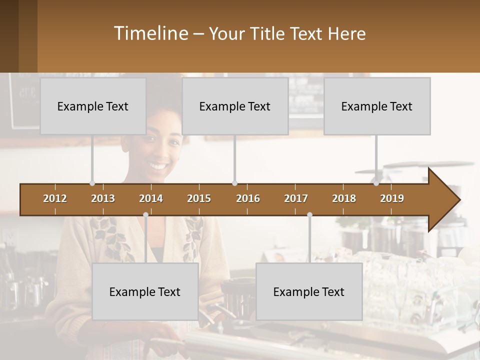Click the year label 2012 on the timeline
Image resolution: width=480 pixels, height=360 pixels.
pos(55,198)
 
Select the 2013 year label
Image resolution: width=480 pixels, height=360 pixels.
pos(103,198)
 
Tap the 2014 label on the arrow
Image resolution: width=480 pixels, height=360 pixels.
pos(151,198)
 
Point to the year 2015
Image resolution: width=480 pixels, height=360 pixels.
pos(199,198)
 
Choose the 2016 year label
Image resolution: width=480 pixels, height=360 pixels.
pos(248,198)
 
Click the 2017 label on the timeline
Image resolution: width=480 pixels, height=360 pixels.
pos(296,198)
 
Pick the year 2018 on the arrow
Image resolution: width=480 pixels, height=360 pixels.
pos(344,198)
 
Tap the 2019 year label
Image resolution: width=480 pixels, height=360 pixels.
pos(392,198)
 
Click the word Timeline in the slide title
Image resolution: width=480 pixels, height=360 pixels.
pos(150,33)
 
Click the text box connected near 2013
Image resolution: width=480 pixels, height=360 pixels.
pos(93,106)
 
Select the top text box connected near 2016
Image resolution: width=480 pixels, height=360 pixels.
pos(235,106)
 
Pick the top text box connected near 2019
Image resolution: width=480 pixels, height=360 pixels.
pos(377,106)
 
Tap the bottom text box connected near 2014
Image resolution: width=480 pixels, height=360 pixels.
pos(145,291)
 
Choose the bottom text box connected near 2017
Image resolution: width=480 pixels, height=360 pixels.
pos(309,291)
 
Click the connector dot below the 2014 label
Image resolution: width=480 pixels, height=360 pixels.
pos(145,214)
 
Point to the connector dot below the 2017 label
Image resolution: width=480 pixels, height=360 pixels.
pos(309,214)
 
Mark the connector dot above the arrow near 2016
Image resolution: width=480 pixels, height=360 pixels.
pos(234,183)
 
